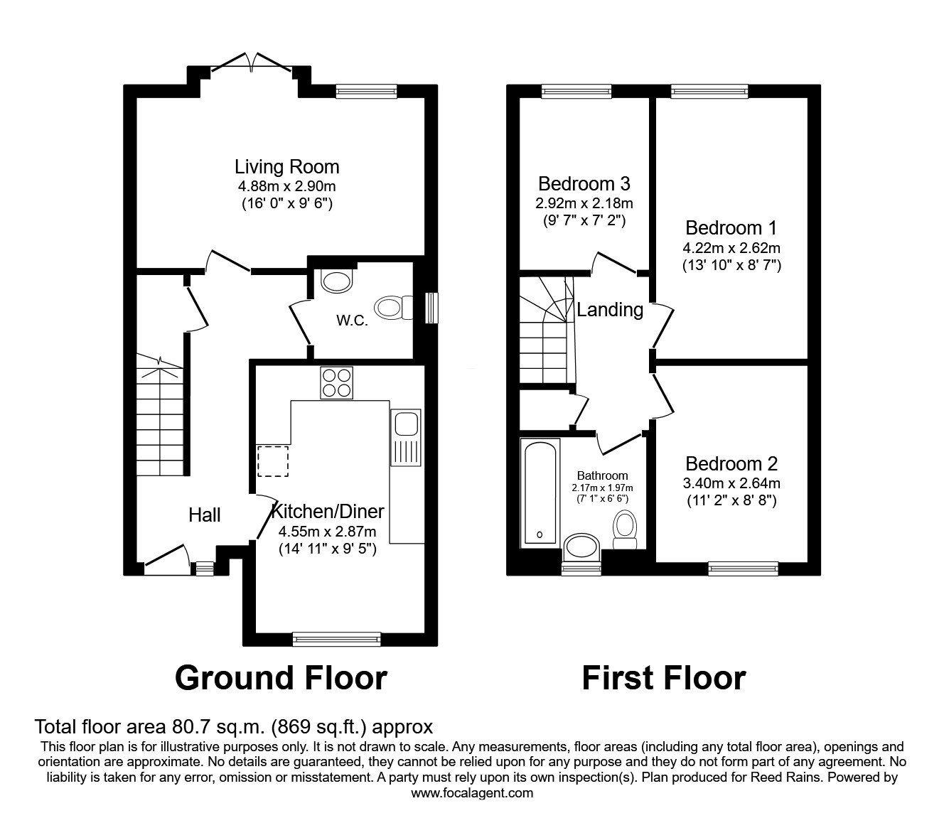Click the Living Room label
(x=286, y=167)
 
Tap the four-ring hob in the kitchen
(x=336, y=382)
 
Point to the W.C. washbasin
(x=336, y=281)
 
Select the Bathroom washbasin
(x=581, y=549)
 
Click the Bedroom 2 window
(x=743, y=567)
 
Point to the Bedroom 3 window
(x=576, y=90)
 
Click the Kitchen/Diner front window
(x=336, y=639)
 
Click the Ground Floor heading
(x=281, y=678)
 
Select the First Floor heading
(x=663, y=678)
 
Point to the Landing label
(x=610, y=310)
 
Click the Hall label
(x=205, y=515)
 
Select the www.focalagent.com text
(x=472, y=793)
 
